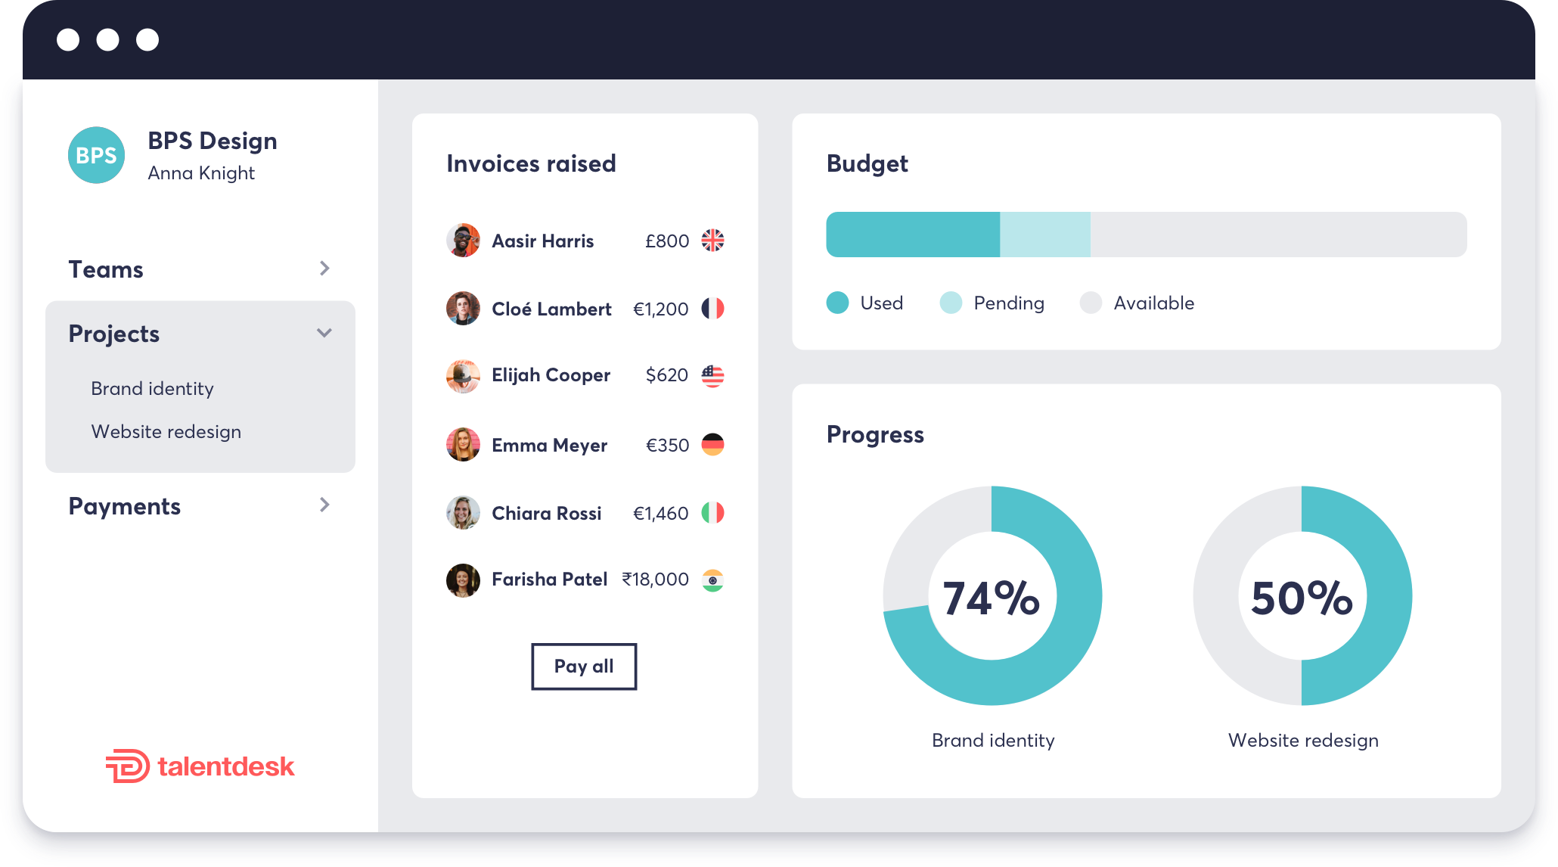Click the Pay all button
[x=583, y=667]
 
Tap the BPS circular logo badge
[x=96, y=155]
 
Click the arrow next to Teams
[x=324, y=269]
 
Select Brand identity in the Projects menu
[x=152, y=388]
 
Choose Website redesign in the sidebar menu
[x=166, y=431]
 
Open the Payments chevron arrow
[x=324, y=505]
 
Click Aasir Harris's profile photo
[x=463, y=241]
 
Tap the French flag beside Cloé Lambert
[x=712, y=309]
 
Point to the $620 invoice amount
[x=666, y=375]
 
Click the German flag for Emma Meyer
[x=712, y=445]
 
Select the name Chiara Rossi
[x=546, y=513]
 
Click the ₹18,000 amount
[x=655, y=580]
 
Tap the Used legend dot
[x=837, y=303]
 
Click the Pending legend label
[x=1008, y=303]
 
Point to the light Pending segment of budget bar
[x=1044, y=235]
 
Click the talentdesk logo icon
[x=126, y=766]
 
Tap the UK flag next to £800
[x=712, y=241]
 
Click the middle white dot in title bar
[x=107, y=39]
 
